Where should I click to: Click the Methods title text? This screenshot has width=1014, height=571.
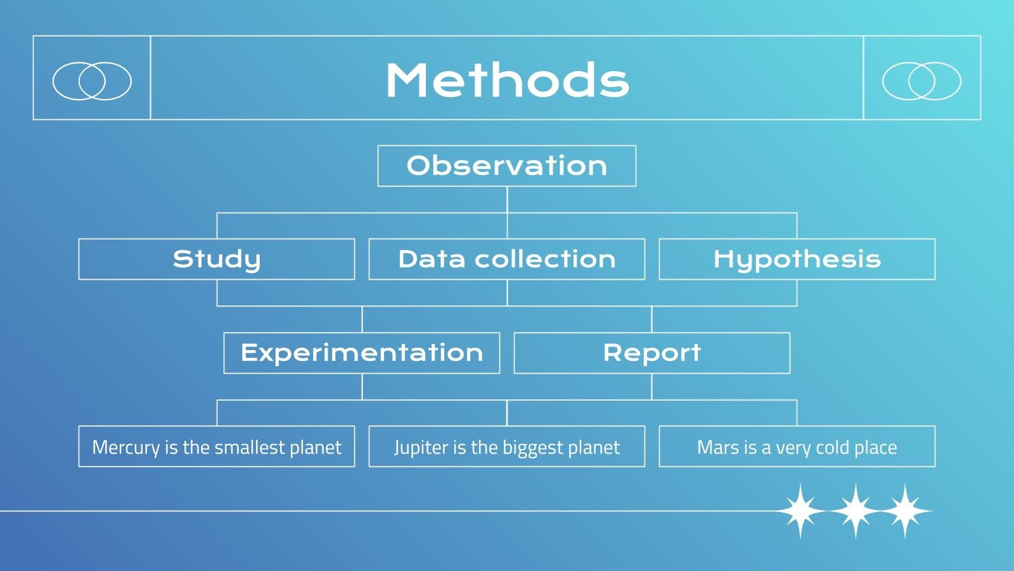tap(507, 80)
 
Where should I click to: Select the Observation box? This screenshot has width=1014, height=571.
tap(506, 166)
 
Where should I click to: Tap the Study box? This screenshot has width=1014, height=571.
tap(216, 259)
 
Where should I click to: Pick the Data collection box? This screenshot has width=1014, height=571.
tap(506, 259)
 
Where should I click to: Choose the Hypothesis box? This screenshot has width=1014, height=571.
tap(797, 259)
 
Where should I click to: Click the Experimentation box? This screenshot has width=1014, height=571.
tap(362, 353)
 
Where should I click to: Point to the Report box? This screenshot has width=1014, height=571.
tap(652, 353)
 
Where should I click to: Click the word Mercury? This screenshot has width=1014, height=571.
tap(126, 448)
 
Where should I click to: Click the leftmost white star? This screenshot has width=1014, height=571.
tap(800, 511)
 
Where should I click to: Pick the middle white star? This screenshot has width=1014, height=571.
tap(855, 511)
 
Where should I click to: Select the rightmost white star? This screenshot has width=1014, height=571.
tap(905, 511)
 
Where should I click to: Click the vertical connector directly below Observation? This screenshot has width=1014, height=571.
tap(507, 199)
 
